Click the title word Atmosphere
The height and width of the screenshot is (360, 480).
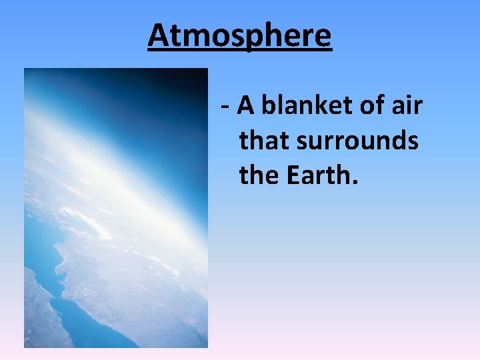[x=239, y=35]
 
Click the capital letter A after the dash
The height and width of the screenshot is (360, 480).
[x=246, y=105]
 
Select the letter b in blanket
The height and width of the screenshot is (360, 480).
[x=268, y=105]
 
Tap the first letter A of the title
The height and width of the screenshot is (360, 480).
[x=158, y=35]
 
